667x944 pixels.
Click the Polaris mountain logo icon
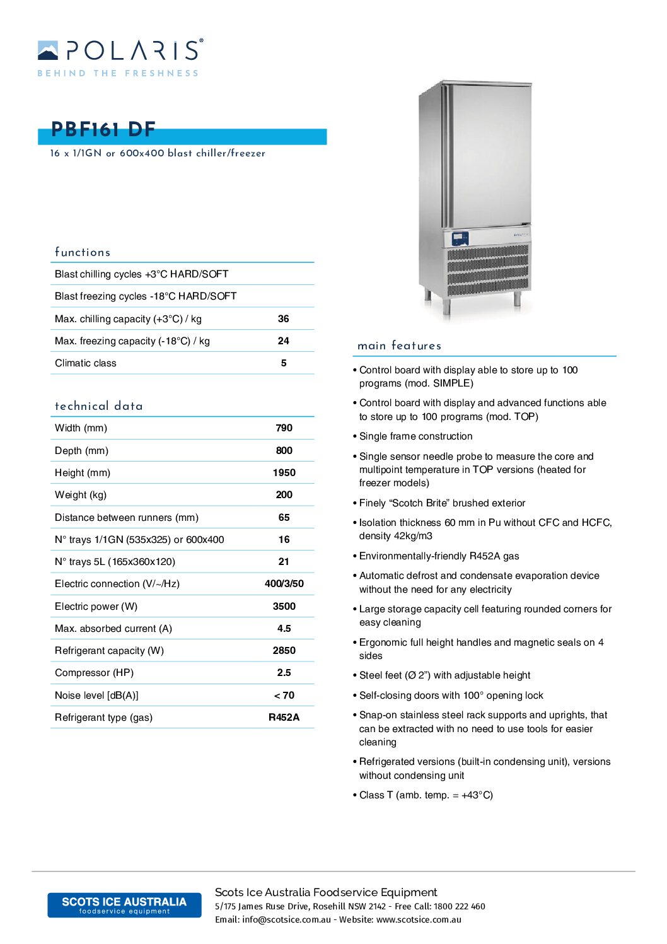(48, 50)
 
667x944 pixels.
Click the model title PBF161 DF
(103, 129)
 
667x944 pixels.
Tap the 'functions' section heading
(83, 252)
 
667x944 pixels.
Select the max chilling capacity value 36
(284, 319)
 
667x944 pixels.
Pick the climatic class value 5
(284, 363)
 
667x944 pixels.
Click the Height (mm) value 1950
(284, 473)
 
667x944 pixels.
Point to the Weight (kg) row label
(81, 495)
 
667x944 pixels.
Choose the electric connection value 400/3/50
(284, 584)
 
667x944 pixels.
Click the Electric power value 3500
(284, 607)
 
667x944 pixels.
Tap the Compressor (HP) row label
(94, 673)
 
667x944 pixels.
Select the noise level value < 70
(284, 696)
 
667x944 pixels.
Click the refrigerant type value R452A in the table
(284, 718)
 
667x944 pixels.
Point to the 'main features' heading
(399, 346)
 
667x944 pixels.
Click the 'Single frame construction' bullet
(415, 436)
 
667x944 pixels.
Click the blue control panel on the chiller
(461, 239)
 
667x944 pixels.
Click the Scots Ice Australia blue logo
(124, 905)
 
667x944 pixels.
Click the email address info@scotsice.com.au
(286, 920)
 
